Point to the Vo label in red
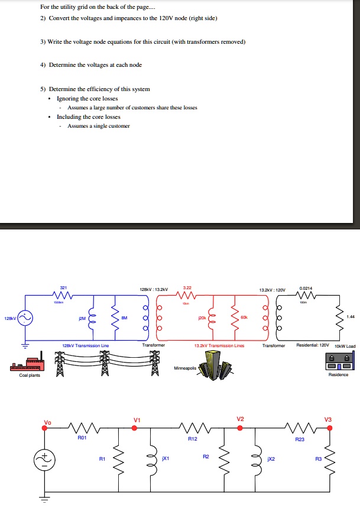click(x=47, y=422)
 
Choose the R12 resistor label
click(x=192, y=439)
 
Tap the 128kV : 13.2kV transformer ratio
click(x=154, y=289)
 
